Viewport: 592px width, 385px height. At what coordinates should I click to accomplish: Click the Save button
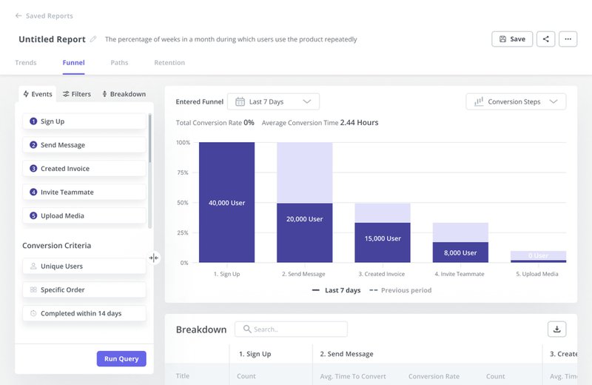(512, 39)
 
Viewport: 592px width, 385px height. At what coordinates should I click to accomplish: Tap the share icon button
(546, 39)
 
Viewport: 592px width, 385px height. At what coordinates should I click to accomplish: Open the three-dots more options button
(568, 39)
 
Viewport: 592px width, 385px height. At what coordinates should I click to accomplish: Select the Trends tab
(26, 63)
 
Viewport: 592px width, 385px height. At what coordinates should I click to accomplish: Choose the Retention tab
(169, 63)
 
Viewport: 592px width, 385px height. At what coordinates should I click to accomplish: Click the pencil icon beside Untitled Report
(93, 39)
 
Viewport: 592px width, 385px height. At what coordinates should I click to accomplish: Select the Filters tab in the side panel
(77, 94)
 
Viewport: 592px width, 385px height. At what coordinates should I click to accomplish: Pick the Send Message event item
(84, 145)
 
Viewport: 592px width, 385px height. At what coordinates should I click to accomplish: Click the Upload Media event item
(84, 216)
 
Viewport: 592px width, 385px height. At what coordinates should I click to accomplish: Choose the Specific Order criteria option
(84, 290)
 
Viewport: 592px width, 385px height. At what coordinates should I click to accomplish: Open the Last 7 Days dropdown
(273, 101)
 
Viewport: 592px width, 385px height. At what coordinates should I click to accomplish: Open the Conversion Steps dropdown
(516, 101)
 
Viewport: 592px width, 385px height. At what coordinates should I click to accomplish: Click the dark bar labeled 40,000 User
(226, 202)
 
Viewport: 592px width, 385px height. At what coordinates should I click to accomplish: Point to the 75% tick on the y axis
(182, 173)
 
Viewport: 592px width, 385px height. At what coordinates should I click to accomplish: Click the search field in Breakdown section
(291, 329)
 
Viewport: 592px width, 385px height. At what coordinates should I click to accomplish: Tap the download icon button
(556, 329)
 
